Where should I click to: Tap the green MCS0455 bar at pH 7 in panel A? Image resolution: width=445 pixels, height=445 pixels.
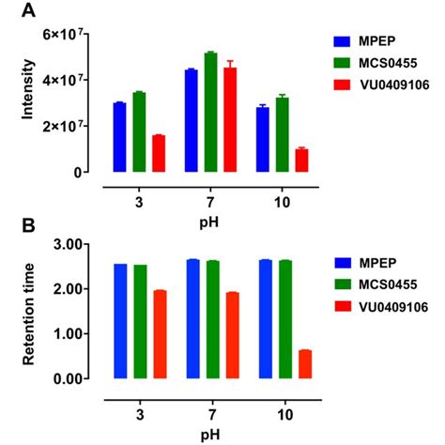(210, 112)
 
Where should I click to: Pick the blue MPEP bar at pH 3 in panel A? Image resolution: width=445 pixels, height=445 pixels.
(119, 137)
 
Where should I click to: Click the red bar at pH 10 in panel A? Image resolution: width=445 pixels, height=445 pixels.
(301, 161)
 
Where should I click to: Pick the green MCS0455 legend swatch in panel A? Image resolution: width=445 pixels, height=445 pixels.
(344, 65)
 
